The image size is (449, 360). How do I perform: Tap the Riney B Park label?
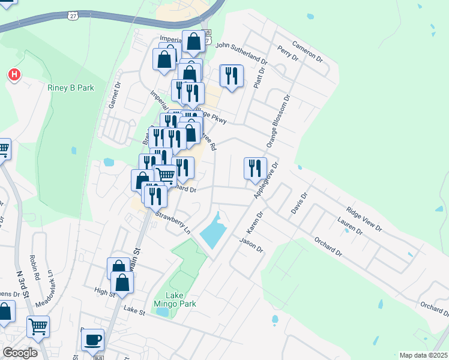point(71,88)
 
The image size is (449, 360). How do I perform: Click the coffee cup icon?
point(92,340)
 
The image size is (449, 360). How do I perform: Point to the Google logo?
point(20,353)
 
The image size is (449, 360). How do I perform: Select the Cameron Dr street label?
point(308,52)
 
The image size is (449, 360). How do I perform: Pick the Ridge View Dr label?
point(363,219)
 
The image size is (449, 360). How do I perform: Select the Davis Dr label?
point(299,205)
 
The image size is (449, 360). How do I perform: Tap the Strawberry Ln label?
point(173,222)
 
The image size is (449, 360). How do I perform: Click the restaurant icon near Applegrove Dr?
point(255,167)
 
